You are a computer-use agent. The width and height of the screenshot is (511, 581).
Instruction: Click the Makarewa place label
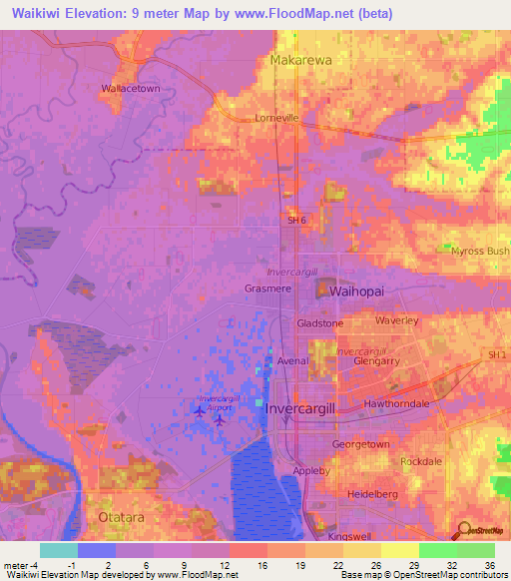coord(300,60)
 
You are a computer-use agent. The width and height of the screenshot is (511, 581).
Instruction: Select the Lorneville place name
coord(304,117)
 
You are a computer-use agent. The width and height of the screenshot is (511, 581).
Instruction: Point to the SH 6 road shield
coord(297,221)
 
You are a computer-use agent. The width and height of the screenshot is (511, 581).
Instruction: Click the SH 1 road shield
coord(498,355)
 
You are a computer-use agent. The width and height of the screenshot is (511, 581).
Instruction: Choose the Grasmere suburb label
coord(266,289)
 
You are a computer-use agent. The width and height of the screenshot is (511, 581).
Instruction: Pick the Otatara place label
coord(122,517)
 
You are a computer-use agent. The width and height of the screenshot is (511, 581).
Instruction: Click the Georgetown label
coord(360,443)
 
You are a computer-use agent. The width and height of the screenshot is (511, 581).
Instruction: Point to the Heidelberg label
coord(373,494)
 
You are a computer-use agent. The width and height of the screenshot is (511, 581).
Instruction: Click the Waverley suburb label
coord(396,320)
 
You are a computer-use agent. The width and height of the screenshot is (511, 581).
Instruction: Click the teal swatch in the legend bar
coord(58,550)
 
